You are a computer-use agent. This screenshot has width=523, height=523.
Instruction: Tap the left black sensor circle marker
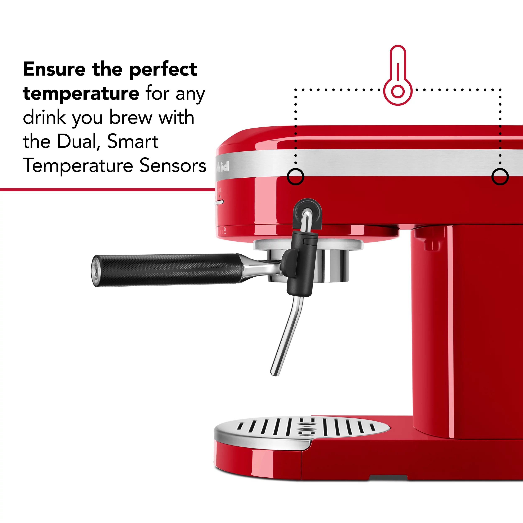(295, 177)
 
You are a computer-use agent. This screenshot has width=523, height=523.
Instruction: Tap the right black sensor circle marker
(500, 177)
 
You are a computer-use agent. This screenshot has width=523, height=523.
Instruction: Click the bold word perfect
(163, 70)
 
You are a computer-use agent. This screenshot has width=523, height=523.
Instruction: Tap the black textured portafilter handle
(168, 270)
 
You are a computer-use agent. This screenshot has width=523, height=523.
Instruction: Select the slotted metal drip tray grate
(303, 428)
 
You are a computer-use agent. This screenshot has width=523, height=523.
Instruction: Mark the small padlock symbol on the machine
(225, 231)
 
